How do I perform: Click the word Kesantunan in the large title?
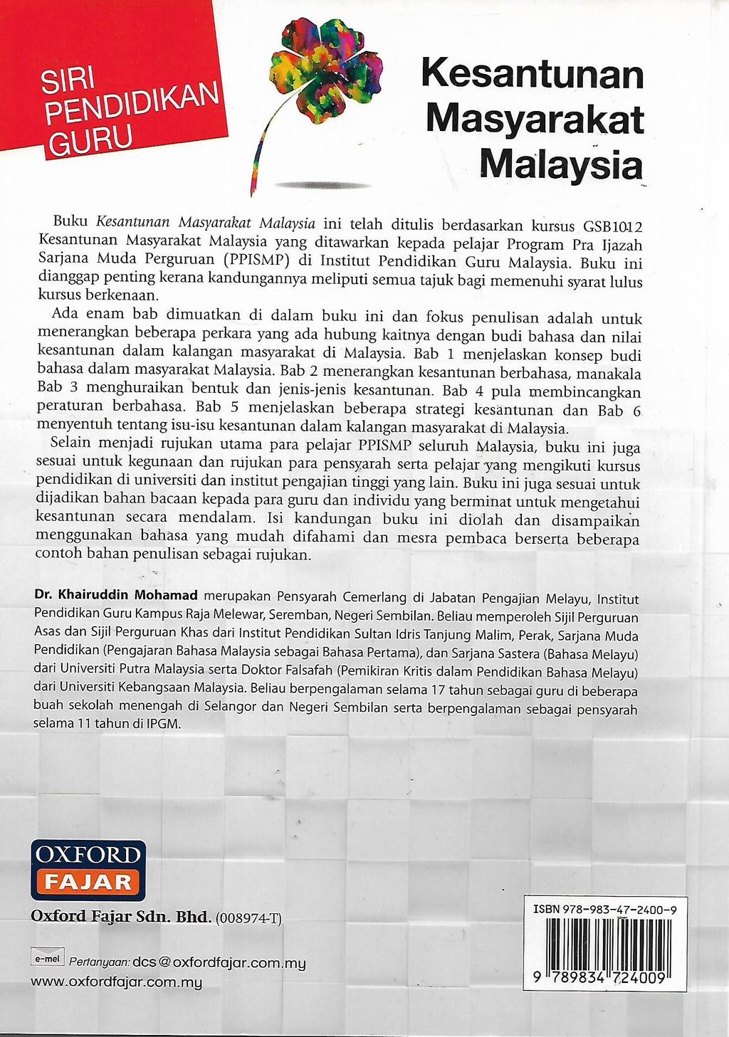(x=533, y=74)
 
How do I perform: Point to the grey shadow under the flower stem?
(x=322, y=185)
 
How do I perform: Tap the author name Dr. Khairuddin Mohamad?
(x=118, y=595)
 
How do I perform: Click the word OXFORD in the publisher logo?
(x=88, y=855)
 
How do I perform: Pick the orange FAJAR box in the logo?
(x=88, y=883)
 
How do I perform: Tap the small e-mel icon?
(x=46, y=959)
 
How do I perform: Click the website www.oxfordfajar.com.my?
(x=116, y=982)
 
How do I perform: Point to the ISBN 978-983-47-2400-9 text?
(x=604, y=909)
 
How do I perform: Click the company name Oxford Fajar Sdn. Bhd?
(x=120, y=917)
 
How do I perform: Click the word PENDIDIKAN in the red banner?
(x=132, y=104)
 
